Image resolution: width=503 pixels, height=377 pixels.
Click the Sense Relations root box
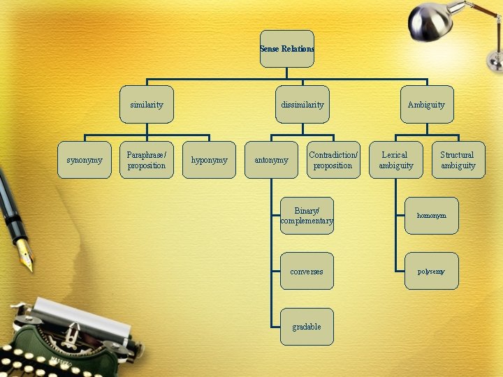[x=287, y=49]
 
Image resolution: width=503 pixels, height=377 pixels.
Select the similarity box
[x=147, y=104]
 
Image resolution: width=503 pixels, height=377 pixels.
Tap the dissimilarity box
[x=302, y=104]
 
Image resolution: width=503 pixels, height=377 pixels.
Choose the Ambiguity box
[x=427, y=104]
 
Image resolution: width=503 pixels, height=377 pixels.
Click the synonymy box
[x=85, y=160]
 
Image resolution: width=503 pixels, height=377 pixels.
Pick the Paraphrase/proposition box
[x=147, y=160]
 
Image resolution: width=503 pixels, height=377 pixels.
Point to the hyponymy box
[x=209, y=160]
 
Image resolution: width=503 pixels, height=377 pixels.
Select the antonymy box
[x=271, y=160]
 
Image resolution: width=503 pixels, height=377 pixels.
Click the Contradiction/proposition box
[x=333, y=160]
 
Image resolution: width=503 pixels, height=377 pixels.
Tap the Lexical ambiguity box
[x=396, y=160]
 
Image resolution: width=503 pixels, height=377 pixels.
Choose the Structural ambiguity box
[x=458, y=160]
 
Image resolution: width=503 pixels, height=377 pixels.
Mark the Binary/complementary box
[x=307, y=216]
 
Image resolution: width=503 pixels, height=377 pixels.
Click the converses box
[x=307, y=271]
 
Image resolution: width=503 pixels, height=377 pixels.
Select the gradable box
[x=307, y=327]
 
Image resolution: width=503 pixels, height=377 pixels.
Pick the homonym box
[x=432, y=216]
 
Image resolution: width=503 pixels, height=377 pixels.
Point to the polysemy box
[x=432, y=271]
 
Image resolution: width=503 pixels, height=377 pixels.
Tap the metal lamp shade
[x=430, y=22]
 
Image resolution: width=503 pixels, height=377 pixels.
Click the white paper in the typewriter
[x=82, y=316]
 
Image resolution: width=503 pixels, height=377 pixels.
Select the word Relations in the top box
[x=298, y=49]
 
